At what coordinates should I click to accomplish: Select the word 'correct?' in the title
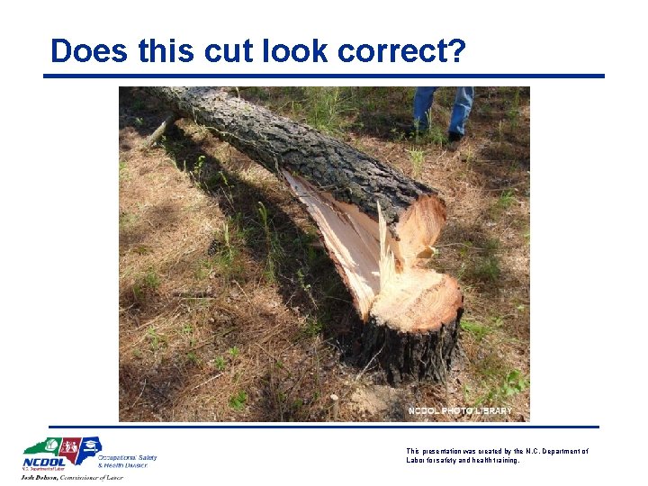pyautogui.click(x=402, y=51)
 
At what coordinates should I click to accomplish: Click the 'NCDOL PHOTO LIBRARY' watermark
pyautogui.click(x=460, y=411)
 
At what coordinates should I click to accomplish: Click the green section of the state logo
pyautogui.click(x=41, y=446)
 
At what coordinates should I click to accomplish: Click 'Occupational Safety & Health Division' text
pyautogui.click(x=127, y=461)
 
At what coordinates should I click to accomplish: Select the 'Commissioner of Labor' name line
pyautogui.click(x=72, y=477)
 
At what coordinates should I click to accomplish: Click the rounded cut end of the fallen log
pyautogui.click(x=423, y=221)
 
